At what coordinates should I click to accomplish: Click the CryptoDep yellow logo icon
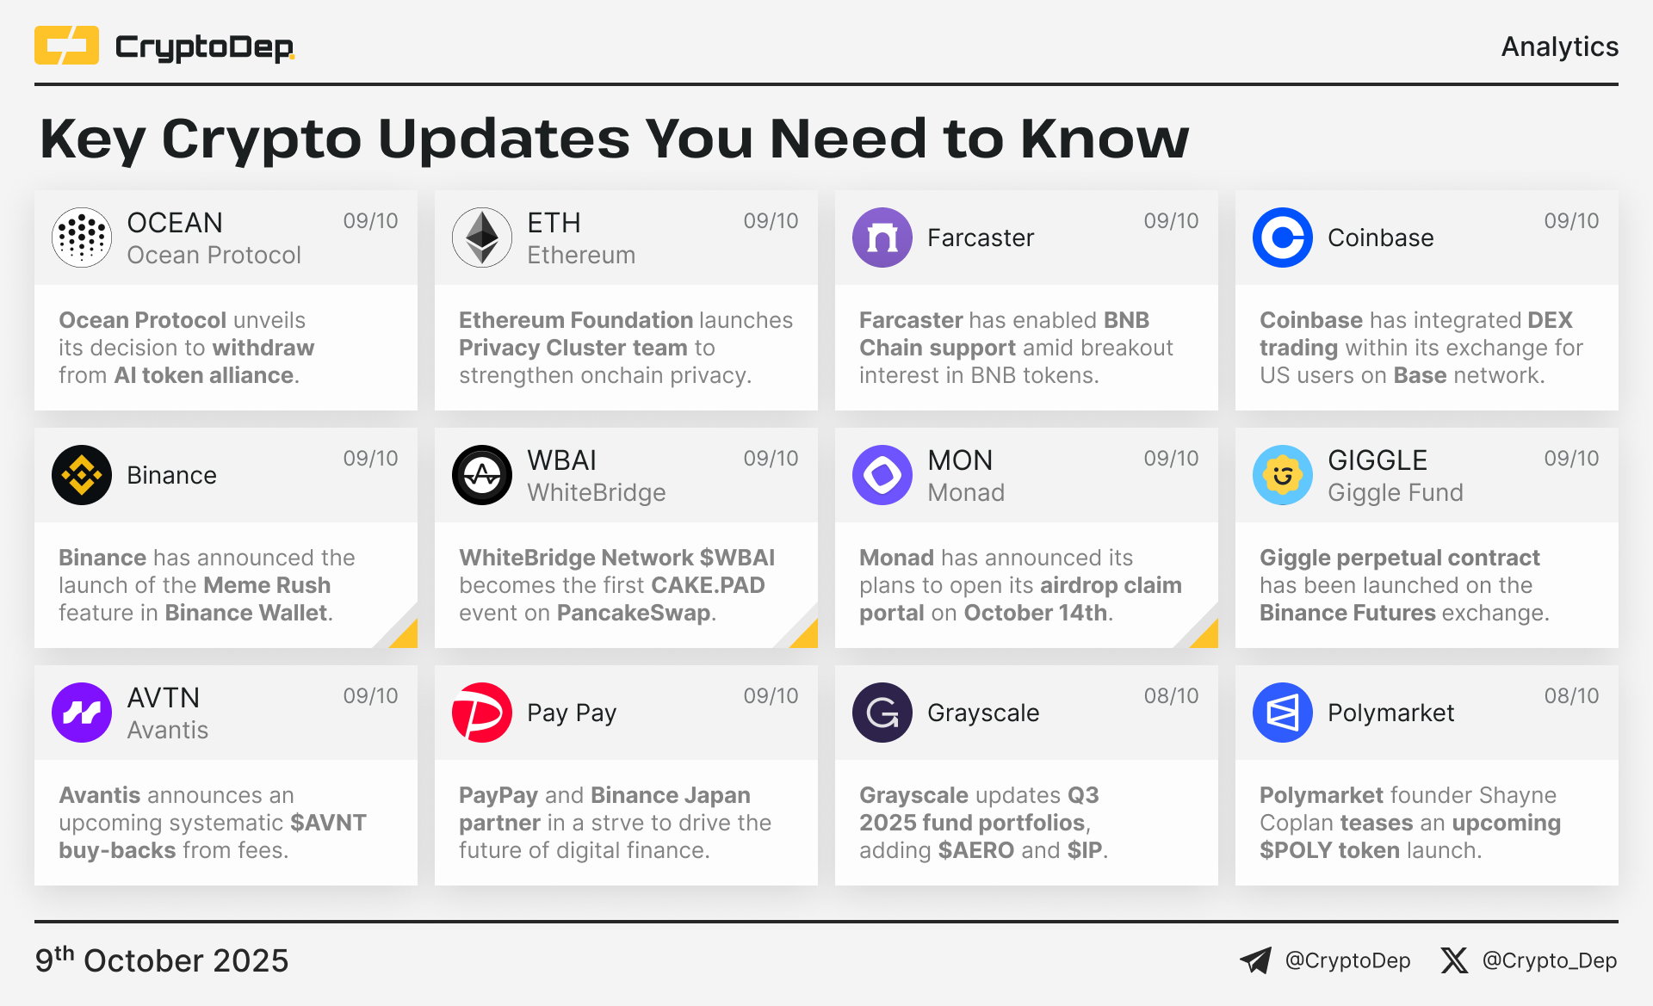coord(66,46)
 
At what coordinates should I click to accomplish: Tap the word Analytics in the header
coord(1559,46)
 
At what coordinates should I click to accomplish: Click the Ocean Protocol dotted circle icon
coord(82,238)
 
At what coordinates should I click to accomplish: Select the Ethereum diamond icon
coord(482,238)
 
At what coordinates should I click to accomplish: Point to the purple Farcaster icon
coord(882,238)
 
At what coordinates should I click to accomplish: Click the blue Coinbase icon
coord(1283,238)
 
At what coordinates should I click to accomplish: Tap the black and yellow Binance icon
coord(82,475)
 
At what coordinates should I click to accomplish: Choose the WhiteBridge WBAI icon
coord(482,475)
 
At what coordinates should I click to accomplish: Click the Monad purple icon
coord(882,475)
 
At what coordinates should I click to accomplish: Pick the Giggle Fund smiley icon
coord(1283,475)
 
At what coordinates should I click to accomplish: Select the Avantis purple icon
coord(82,713)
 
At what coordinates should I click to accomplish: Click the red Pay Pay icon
coord(482,713)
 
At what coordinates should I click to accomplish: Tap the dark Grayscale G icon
coord(882,713)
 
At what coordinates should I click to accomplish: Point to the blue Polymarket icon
coord(1283,713)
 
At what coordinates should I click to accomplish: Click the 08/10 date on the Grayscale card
coord(1171,696)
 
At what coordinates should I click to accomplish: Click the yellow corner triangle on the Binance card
coord(407,638)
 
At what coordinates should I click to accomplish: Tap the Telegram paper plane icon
coord(1255,960)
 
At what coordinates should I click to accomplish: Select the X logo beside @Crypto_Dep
coord(1454,960)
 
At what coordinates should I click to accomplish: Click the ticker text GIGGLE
coord(1377,460)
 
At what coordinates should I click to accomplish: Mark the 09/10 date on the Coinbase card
coord(1571,221)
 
